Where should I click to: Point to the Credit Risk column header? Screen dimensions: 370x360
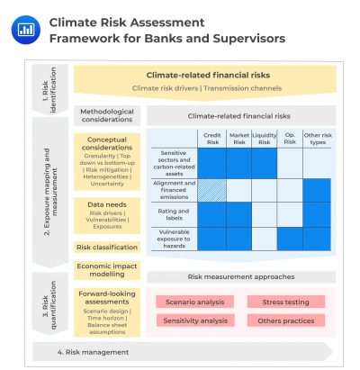[211, 139]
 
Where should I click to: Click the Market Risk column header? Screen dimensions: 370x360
[238, 139]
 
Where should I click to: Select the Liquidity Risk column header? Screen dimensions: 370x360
[265, 139]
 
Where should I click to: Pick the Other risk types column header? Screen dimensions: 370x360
[317, 139]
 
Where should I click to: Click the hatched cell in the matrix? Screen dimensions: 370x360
[211, 190]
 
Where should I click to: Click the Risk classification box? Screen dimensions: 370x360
[107, 247]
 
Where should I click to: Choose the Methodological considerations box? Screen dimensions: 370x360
[107, 115]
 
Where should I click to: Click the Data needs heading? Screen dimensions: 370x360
[107, 205]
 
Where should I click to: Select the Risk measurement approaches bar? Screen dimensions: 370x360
[240, 277]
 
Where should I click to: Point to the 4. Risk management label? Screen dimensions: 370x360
[90, 351]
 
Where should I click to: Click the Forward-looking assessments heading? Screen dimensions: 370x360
[107, 296]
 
